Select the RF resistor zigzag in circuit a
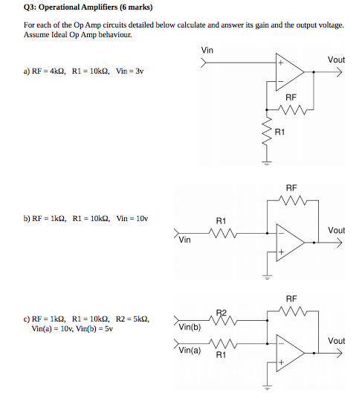click(x=291, y=112)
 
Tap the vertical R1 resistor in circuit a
click(x=265, y=134)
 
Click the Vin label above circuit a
click(x=208, y=50)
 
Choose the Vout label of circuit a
click(x=336, y=60)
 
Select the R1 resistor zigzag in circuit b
click(x=222, y=233)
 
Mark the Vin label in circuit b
click(x=186, y=240)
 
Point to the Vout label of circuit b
click(x=336, y=230)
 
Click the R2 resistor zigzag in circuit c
click(x=221, y=319)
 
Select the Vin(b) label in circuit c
click(x=190, y=327)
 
